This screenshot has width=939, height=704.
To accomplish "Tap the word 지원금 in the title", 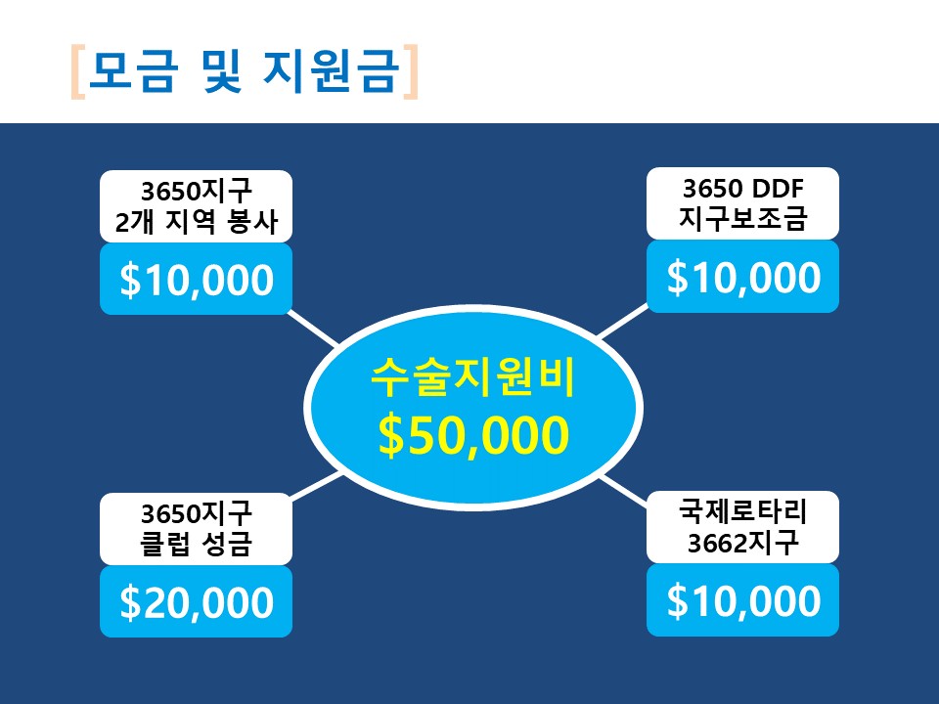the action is click(332, 70).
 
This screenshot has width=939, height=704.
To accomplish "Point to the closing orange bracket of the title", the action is click(410, 71).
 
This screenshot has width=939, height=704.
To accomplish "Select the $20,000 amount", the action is click(197, 602).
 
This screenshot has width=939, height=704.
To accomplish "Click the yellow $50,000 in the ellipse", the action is click(473, 435).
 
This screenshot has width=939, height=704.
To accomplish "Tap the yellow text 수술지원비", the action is click(473, 377).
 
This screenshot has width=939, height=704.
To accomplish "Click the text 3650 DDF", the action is click(742, 189).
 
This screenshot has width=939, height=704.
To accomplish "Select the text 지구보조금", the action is click(742, 218).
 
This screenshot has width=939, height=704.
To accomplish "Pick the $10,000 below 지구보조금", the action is click(743, 277).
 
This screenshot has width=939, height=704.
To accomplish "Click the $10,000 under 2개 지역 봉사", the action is click(197, 280).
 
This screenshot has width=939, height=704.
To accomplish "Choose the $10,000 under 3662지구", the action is click(743, 600).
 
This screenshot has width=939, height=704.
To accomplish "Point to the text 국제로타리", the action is click(742, 511).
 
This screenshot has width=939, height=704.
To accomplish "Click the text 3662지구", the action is click(742, 543).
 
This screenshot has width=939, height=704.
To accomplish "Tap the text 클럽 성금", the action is click(196, 545).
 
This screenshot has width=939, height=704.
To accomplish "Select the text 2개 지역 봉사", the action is click(197, 222).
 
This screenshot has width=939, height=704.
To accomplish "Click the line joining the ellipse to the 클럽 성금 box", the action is click(317, 486).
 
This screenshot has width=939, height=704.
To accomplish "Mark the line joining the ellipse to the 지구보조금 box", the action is click(622, 321).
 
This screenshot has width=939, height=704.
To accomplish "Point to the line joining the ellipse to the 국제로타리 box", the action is click(623, 492).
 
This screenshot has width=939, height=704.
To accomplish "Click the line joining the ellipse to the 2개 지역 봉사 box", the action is click(313, 329).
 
